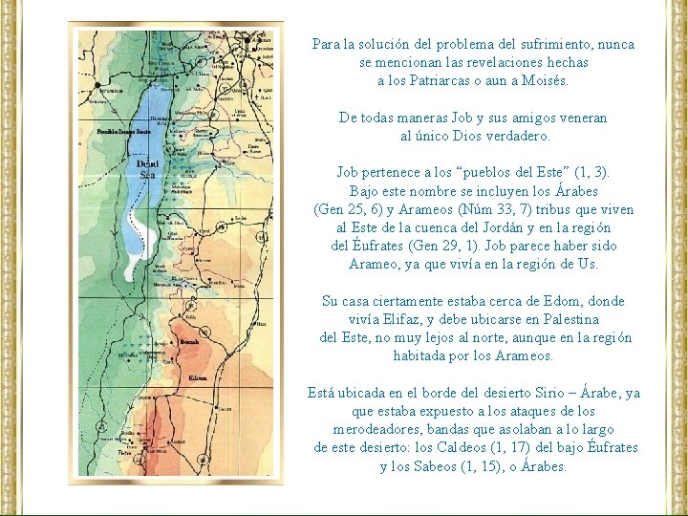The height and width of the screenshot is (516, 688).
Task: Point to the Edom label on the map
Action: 198,378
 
